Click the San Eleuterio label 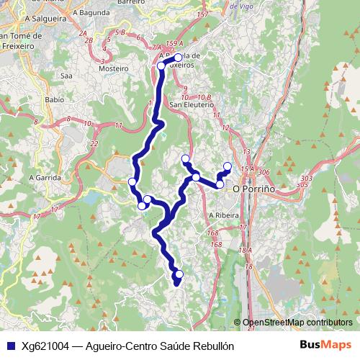click(192, 104)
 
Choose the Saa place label click(68, 75)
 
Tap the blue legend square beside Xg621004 click(9, 346)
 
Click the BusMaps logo click(326, 345)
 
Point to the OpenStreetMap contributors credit click(297, 323)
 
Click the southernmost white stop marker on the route click(179, 274)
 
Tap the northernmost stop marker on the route click(179, 57)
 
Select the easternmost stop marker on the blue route click(228, 167)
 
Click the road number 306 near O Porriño click(264, 173)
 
